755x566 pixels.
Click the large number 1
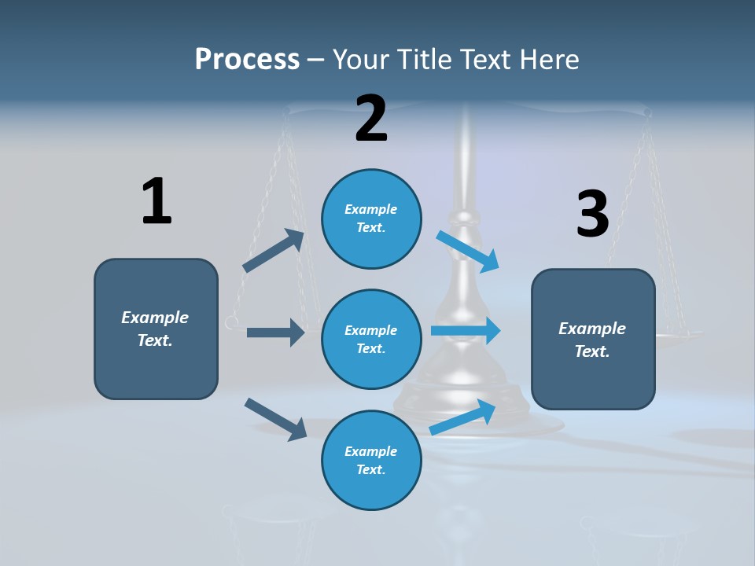(x=157, y=200)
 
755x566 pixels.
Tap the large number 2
(x=371, y=119)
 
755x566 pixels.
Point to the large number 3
(x=592, y=214)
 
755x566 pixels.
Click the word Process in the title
(x=247, y=59)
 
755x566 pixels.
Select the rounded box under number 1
(x=156, y=329)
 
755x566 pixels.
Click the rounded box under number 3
(x=593, y=339)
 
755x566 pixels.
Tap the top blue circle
(x=371, y=219)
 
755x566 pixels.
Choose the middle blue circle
(x=371, y=339)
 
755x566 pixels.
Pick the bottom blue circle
(x=371, y=460)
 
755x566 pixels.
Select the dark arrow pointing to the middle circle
(x=275, y=333)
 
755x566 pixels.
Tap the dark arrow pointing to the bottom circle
(x=275, y=419)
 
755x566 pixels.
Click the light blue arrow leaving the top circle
(x=468, y=252)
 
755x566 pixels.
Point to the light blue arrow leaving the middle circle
(x=466, y=331)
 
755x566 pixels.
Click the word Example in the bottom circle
(x=370, y=451)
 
